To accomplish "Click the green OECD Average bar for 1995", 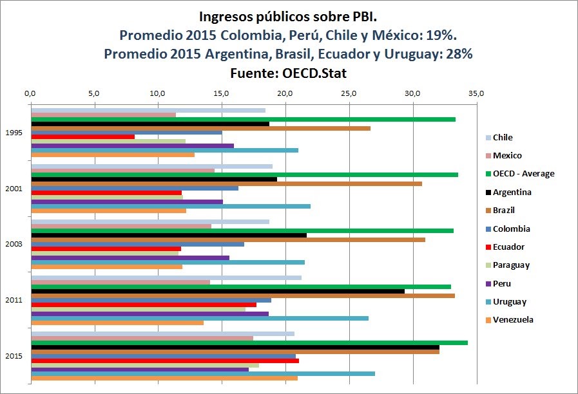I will [243, 119].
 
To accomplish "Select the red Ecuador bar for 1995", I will [82, 136].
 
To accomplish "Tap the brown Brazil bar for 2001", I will [226, 183].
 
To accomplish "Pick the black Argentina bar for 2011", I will [218, 291].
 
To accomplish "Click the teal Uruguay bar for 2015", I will [202, 373].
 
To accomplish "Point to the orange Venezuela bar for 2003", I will [106, 266].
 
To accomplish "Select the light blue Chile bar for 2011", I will [166, 277].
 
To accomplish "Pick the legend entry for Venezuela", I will [513, 320].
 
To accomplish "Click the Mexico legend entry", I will [507, 155].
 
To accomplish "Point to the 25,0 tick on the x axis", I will [349, 94].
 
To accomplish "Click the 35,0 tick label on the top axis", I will [476, 94].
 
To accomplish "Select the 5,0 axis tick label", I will [94, 94].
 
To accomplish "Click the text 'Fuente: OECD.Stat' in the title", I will [288, 73].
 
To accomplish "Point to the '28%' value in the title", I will [459, 54].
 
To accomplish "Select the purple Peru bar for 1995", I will [132, 145].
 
